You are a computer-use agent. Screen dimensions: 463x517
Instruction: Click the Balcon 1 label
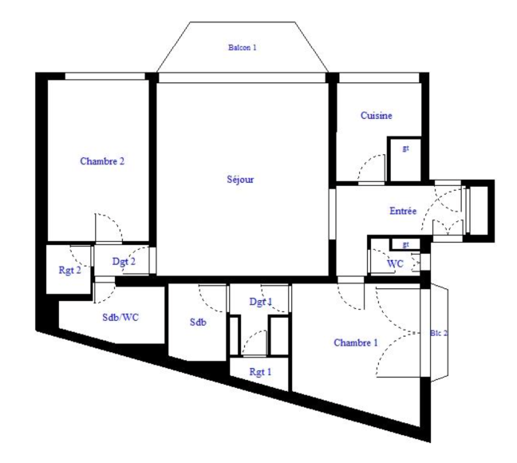click(x=243, y=48)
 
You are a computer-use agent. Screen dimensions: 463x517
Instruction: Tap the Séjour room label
click(x=240, y=180)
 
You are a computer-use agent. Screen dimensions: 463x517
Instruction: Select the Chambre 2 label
click(x=102, y=161)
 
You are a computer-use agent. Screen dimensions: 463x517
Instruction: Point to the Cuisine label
click(x=376, y=116)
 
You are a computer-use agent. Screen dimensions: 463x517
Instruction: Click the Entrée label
click(x=402, y=211)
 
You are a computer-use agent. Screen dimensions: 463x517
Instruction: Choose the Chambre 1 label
click(x=355, y=342)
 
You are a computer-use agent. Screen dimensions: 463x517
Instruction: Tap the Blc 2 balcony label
click(x=438, y=333)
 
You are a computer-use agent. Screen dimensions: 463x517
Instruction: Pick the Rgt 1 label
click(x=259, y=371)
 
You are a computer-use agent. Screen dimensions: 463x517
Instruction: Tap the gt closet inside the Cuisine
click(x=405, y=149)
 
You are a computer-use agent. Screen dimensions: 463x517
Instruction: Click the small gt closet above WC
click(x=405, y=243)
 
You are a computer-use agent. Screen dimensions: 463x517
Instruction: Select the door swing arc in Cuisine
click(x=371, y=170)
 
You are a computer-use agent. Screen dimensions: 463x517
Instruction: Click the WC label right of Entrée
click(x=394, y=263)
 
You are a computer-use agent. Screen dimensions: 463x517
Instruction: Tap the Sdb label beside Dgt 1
click(x=197, y=323)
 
